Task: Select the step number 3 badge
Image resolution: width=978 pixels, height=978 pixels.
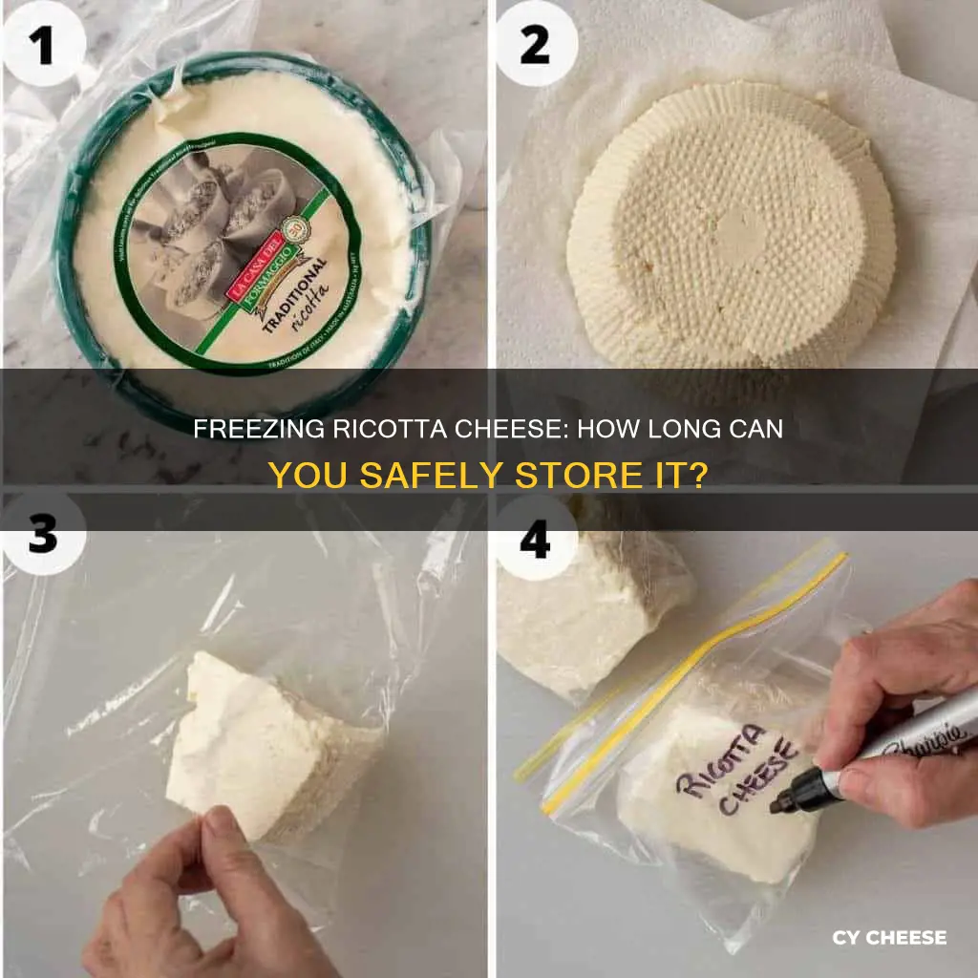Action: [40, 535]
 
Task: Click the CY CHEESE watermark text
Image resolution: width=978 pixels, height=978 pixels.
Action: [888, 938]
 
